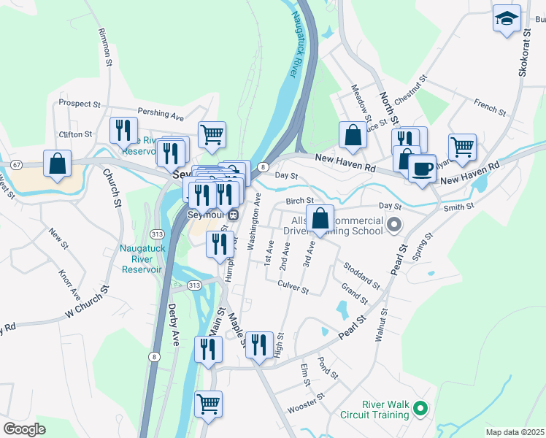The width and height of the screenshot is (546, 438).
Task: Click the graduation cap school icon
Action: coord(506,19)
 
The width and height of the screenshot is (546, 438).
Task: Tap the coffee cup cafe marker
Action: coord(422,169)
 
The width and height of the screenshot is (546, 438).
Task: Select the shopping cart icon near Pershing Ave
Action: coord(211,134)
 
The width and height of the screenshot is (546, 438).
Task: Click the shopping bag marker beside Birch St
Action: coord(320,218)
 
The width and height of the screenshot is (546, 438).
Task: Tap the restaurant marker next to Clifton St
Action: coord(123,130)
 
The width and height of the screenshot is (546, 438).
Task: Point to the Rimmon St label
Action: coord(104,44)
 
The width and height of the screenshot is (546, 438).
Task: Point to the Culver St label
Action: coord(293,286)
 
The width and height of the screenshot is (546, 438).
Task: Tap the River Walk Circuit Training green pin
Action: coord(420,407)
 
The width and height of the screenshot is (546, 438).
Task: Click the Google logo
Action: coord(23,429)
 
